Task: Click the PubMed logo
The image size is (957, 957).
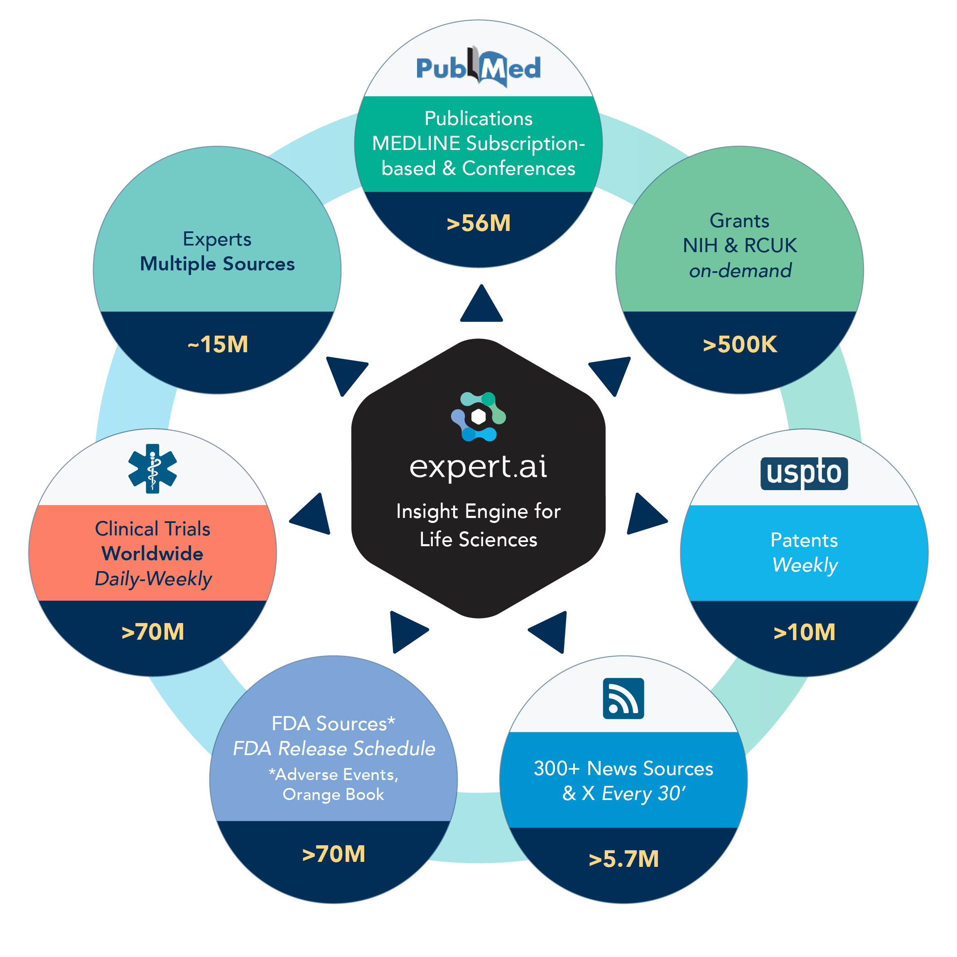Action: coord(478,68)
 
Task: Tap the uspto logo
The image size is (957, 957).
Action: coord(804,473)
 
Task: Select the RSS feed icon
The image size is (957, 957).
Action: coord(623,698)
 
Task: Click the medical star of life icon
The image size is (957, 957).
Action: coord(152,468)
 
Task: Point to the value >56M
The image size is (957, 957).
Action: coord(478,223)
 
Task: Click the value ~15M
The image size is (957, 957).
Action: coord(218,344)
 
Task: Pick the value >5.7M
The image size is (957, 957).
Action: coord(623,859)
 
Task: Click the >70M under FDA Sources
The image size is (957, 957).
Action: coord(334,854)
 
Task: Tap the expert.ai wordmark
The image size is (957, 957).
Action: coord(478,466)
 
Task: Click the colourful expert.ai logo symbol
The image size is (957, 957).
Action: coord(478,417)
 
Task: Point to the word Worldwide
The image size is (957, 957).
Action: coord(152,553)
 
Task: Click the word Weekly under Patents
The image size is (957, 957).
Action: coord(805,565)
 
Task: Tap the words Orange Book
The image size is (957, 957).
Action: coord(334,795)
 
